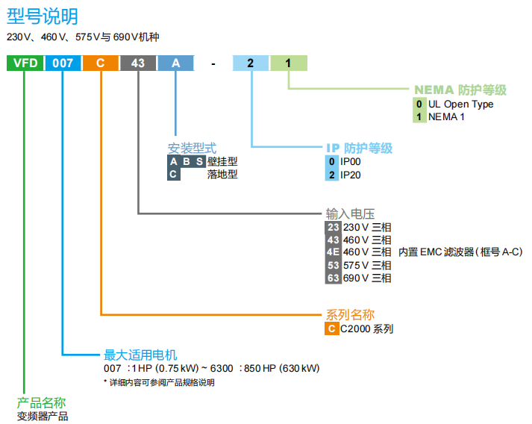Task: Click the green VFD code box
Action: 25,63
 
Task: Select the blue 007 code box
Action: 63,63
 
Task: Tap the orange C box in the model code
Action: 100,63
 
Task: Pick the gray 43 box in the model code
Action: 138,63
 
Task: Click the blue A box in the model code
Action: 175,63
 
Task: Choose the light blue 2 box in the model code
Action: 251,63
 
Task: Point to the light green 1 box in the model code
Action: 288,63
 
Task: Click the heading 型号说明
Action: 42,15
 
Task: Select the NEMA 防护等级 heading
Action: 460,90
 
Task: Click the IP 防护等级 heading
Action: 359,148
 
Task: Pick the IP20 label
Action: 351,175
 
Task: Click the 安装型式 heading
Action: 192,148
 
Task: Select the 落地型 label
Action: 222,175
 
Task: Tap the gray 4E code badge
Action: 333,252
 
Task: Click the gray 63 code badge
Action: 333,278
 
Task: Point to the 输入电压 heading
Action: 350,213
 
